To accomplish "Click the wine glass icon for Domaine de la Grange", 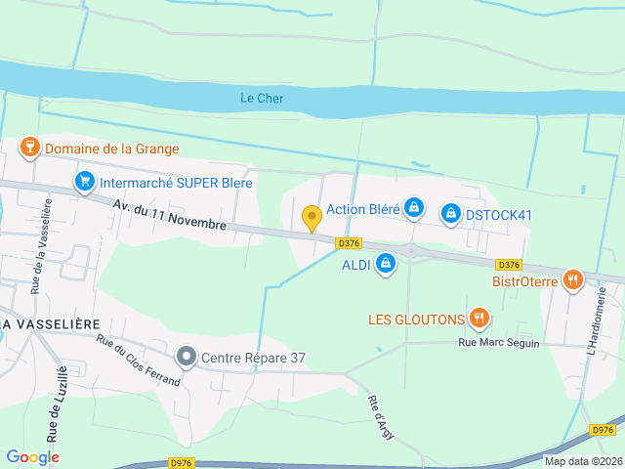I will (29, 149).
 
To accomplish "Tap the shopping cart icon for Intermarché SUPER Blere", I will (84, 183).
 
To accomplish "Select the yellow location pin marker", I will (312, 218).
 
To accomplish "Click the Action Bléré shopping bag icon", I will (414, 208).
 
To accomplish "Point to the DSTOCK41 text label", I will (498, 213).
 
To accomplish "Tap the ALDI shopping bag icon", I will (386, 264).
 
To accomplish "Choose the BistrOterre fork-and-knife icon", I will (572, 280).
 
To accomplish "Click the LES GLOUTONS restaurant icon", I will (479, 318).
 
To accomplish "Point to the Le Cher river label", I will (262, 98).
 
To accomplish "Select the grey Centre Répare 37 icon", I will (187, 358).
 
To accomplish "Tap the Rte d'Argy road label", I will (380, 418).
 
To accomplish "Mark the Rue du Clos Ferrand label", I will (138, 360).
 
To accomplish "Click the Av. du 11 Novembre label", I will (169, 215).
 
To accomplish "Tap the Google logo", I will (32, 457).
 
